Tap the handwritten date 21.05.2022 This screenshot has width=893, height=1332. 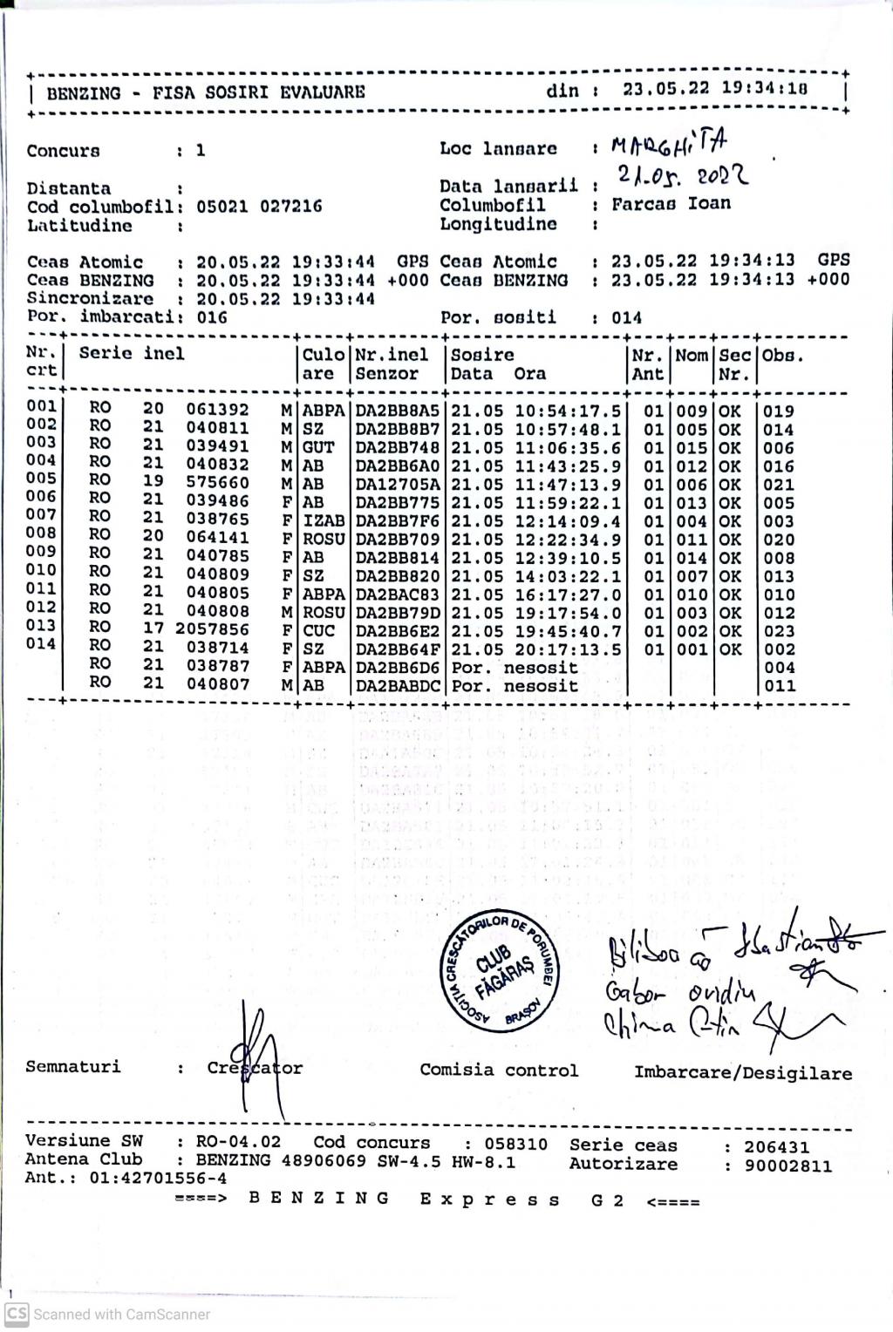coord(683,177)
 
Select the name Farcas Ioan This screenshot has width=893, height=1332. coord(671,204)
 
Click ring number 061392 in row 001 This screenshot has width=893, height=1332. coord(217,410)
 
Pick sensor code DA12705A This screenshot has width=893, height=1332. coord(398,484)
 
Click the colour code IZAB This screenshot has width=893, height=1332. coord(324,521)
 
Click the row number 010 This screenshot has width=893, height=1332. coord(41,571)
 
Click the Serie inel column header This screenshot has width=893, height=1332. coord(132,354)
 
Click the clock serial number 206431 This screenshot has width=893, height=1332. coord(776,1147)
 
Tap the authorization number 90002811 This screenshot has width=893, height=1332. coord(787,1166)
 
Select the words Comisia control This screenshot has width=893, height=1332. coord(499,1070)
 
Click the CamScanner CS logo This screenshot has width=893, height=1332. coord(17,1314)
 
